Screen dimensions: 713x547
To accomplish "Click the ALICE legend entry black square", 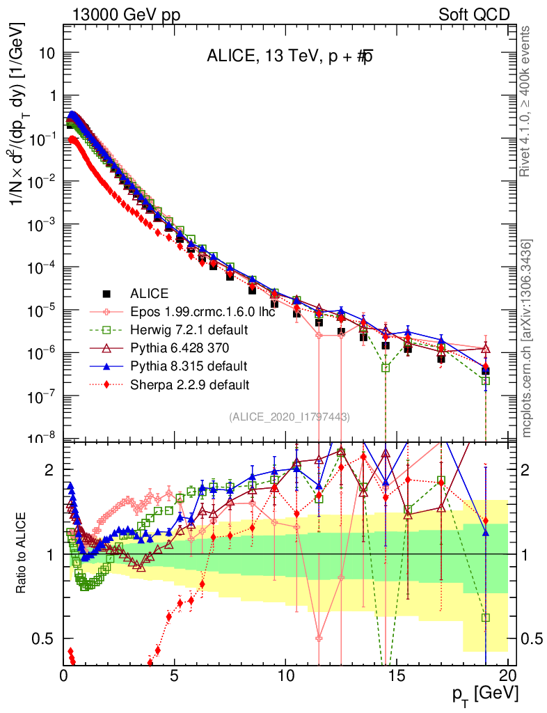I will tap(106, 293).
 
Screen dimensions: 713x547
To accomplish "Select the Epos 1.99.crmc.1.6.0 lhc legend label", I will tap(203, 311).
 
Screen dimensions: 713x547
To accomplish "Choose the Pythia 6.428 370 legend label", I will tap(182, 347).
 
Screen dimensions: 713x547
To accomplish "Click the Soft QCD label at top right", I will tap(475, 15).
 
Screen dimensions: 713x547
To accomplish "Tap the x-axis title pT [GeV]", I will tap(484, 694).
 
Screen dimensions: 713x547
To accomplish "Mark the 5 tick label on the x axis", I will tap(175, 675).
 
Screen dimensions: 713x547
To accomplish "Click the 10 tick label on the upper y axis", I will tap(46, 53).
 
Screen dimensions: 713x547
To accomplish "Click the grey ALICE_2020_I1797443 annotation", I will tap(290, 416).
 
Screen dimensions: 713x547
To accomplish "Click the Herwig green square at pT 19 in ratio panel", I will tap(486, 618).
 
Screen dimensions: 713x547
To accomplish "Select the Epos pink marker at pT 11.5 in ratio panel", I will tap(319, 638).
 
